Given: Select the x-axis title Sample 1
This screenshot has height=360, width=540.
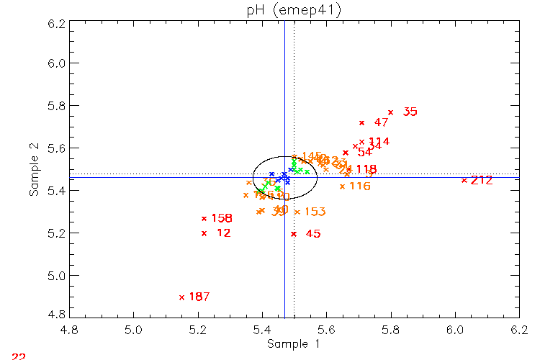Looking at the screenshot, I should tap(294, 345).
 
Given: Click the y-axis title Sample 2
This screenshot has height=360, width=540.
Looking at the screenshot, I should tap(33, 170).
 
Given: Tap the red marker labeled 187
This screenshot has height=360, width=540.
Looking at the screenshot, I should tap(181, 297).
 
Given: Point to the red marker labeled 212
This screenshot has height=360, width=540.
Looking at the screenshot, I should tap(464, 180).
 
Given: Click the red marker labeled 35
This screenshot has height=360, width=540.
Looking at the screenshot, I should tap(390, 112).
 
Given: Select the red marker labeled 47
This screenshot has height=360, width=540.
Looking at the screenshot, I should tap(361, 123).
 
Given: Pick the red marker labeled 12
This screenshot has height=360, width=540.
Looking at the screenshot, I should tap(204, 233).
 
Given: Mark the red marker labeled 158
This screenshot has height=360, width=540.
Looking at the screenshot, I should tap(204, 218).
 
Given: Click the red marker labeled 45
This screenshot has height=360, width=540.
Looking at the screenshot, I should tap(294, 234).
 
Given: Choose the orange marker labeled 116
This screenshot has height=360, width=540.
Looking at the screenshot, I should tap(342, 186).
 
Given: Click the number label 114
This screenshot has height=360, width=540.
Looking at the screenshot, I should tap(379, 142).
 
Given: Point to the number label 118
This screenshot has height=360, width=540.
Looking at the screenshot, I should tap(366, 169).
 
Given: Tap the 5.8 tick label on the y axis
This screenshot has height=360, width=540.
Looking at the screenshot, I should tap(56, 106).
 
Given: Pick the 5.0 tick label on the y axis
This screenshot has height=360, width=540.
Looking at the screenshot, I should tap(56, 276).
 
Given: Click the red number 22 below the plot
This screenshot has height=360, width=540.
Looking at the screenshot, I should tap(19, 356).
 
